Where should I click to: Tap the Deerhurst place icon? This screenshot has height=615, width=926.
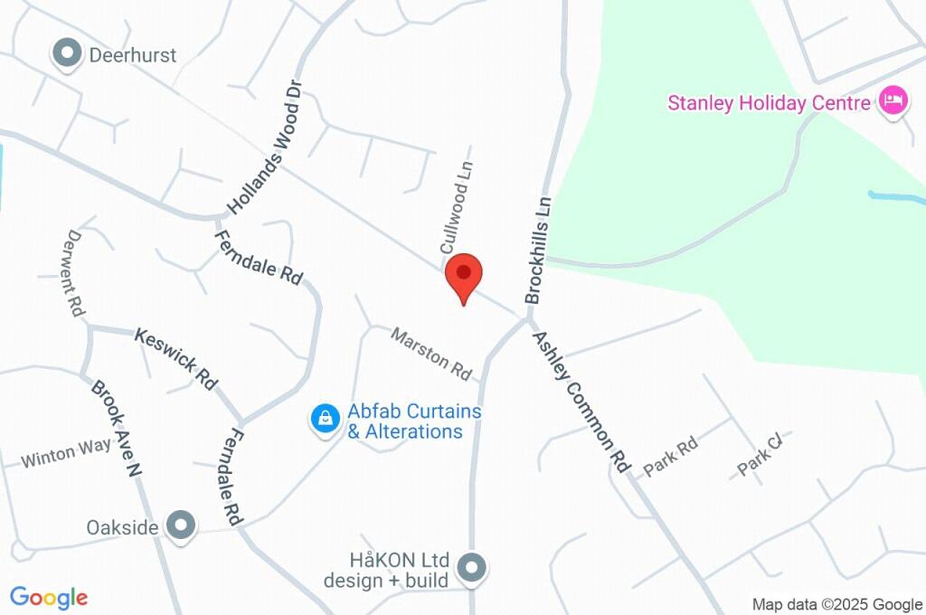pos(66,54)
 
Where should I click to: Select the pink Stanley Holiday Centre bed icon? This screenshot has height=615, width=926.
pos(893,101)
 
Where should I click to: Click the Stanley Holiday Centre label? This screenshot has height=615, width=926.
pos(769,102)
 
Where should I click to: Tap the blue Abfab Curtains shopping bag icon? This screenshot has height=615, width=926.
pos(324,420)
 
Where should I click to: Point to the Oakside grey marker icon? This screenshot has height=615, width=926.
pos(183,525)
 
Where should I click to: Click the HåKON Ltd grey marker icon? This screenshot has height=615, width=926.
pos(471,568)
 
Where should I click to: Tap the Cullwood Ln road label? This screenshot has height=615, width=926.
pos(457,207)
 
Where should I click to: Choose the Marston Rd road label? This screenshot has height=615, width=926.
pos(432,353)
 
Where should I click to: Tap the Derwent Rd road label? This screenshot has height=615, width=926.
pos(75,272)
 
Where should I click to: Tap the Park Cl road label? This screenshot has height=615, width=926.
pos(760,455)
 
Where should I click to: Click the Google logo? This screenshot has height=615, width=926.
pos(49,597)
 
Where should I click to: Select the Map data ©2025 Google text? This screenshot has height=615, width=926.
pos(836,604)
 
